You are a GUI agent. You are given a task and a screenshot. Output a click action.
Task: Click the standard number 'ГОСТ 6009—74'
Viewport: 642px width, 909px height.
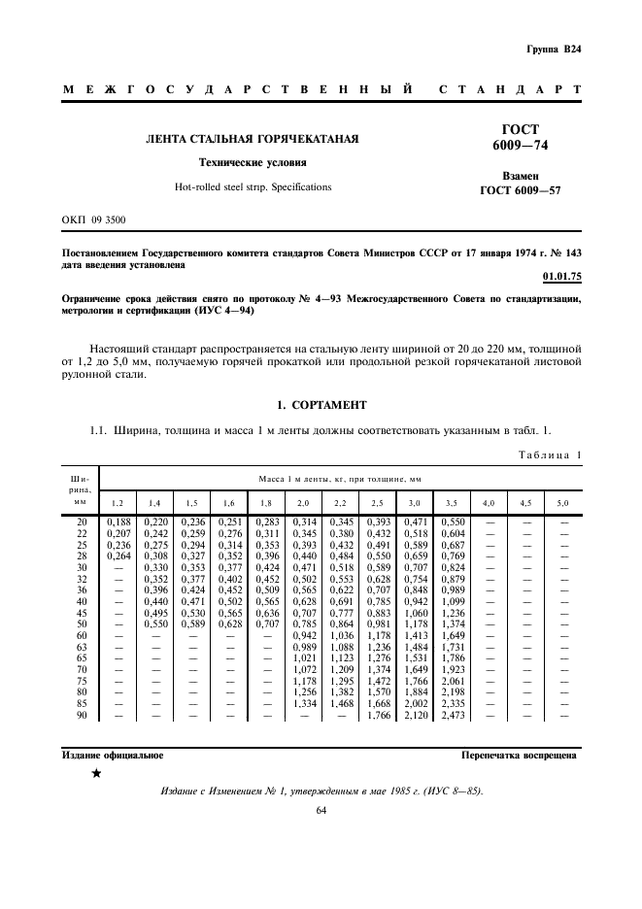tap(520, 138)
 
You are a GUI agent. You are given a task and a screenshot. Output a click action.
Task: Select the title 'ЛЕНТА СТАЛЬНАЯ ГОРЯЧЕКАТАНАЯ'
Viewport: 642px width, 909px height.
tap(253, 140)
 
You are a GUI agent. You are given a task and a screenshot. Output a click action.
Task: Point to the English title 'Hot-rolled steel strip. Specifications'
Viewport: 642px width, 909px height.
tap(253, 186)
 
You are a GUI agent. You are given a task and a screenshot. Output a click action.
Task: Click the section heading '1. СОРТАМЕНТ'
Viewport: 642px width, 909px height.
tap(321, 404)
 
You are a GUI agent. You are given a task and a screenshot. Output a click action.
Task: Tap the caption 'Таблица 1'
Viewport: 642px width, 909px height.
tap(549, 454)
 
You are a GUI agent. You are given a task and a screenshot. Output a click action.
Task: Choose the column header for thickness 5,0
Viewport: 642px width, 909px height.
tap(562, 503)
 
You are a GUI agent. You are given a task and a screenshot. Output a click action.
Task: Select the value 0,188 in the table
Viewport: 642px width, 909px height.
tap(118, 522)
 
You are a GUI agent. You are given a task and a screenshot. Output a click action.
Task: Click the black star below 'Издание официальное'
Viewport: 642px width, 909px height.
tap(95, 774)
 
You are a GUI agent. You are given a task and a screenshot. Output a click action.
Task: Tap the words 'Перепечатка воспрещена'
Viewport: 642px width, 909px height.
tap(519, 755)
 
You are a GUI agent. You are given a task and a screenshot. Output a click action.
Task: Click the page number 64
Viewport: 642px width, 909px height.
tap(321, 810)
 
